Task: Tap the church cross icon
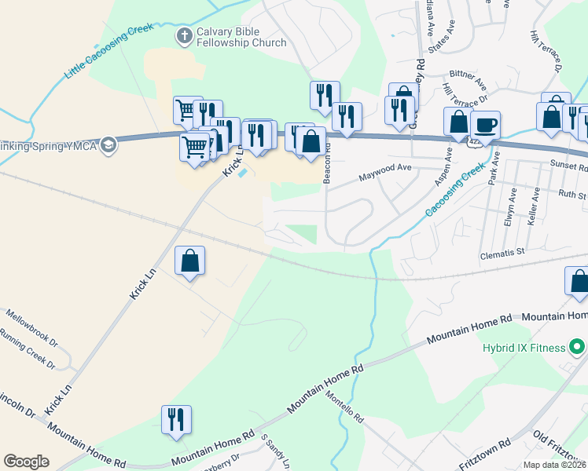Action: pos(184,35)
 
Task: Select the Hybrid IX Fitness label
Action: pos(525,347)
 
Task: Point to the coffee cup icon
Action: pos(485,124)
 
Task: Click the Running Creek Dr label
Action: pos(28,354)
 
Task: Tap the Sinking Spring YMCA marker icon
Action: pos(108,144)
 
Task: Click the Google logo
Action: pos(27,462)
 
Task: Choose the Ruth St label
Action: pos(572,193)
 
